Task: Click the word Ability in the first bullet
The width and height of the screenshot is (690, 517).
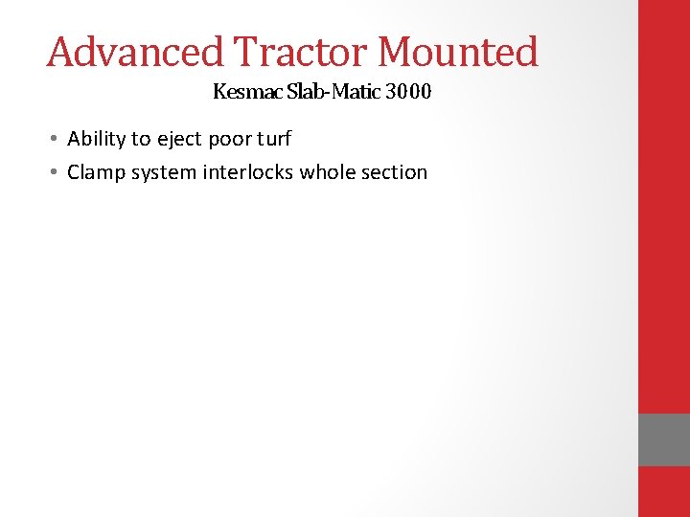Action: pos(96,139)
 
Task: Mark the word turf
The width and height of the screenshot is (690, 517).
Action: pos(274,139)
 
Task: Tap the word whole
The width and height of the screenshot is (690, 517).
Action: pos(331,172)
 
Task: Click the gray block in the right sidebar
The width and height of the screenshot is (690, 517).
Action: pos(663,439)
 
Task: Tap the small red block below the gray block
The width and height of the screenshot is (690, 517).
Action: pos(663,491)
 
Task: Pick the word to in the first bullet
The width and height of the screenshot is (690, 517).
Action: pos(142,139)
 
